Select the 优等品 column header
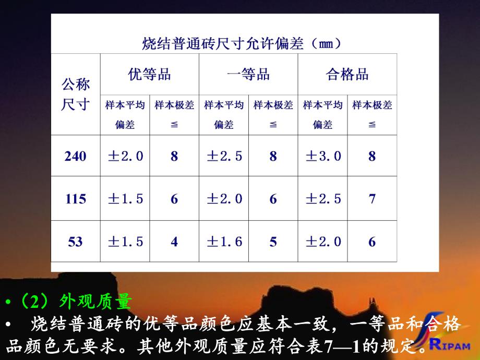click(149, 75)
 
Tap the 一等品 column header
click(248, 75)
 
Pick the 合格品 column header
click(347, 75)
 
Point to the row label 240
click(76, 155)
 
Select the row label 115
click(76, 199)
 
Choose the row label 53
click(76, 242)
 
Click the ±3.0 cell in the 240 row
click(323, 155)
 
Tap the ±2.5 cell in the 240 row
click(224, 155)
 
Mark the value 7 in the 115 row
click(372, 199)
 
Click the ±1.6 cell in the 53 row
click(224, 242)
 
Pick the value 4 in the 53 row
click(174, 242)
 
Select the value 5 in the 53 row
click(273, 242)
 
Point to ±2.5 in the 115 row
click(323, 199)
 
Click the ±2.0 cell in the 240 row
click(125, 155)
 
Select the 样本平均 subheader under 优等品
click(125, 105)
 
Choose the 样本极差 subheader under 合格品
click(372, 105)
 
